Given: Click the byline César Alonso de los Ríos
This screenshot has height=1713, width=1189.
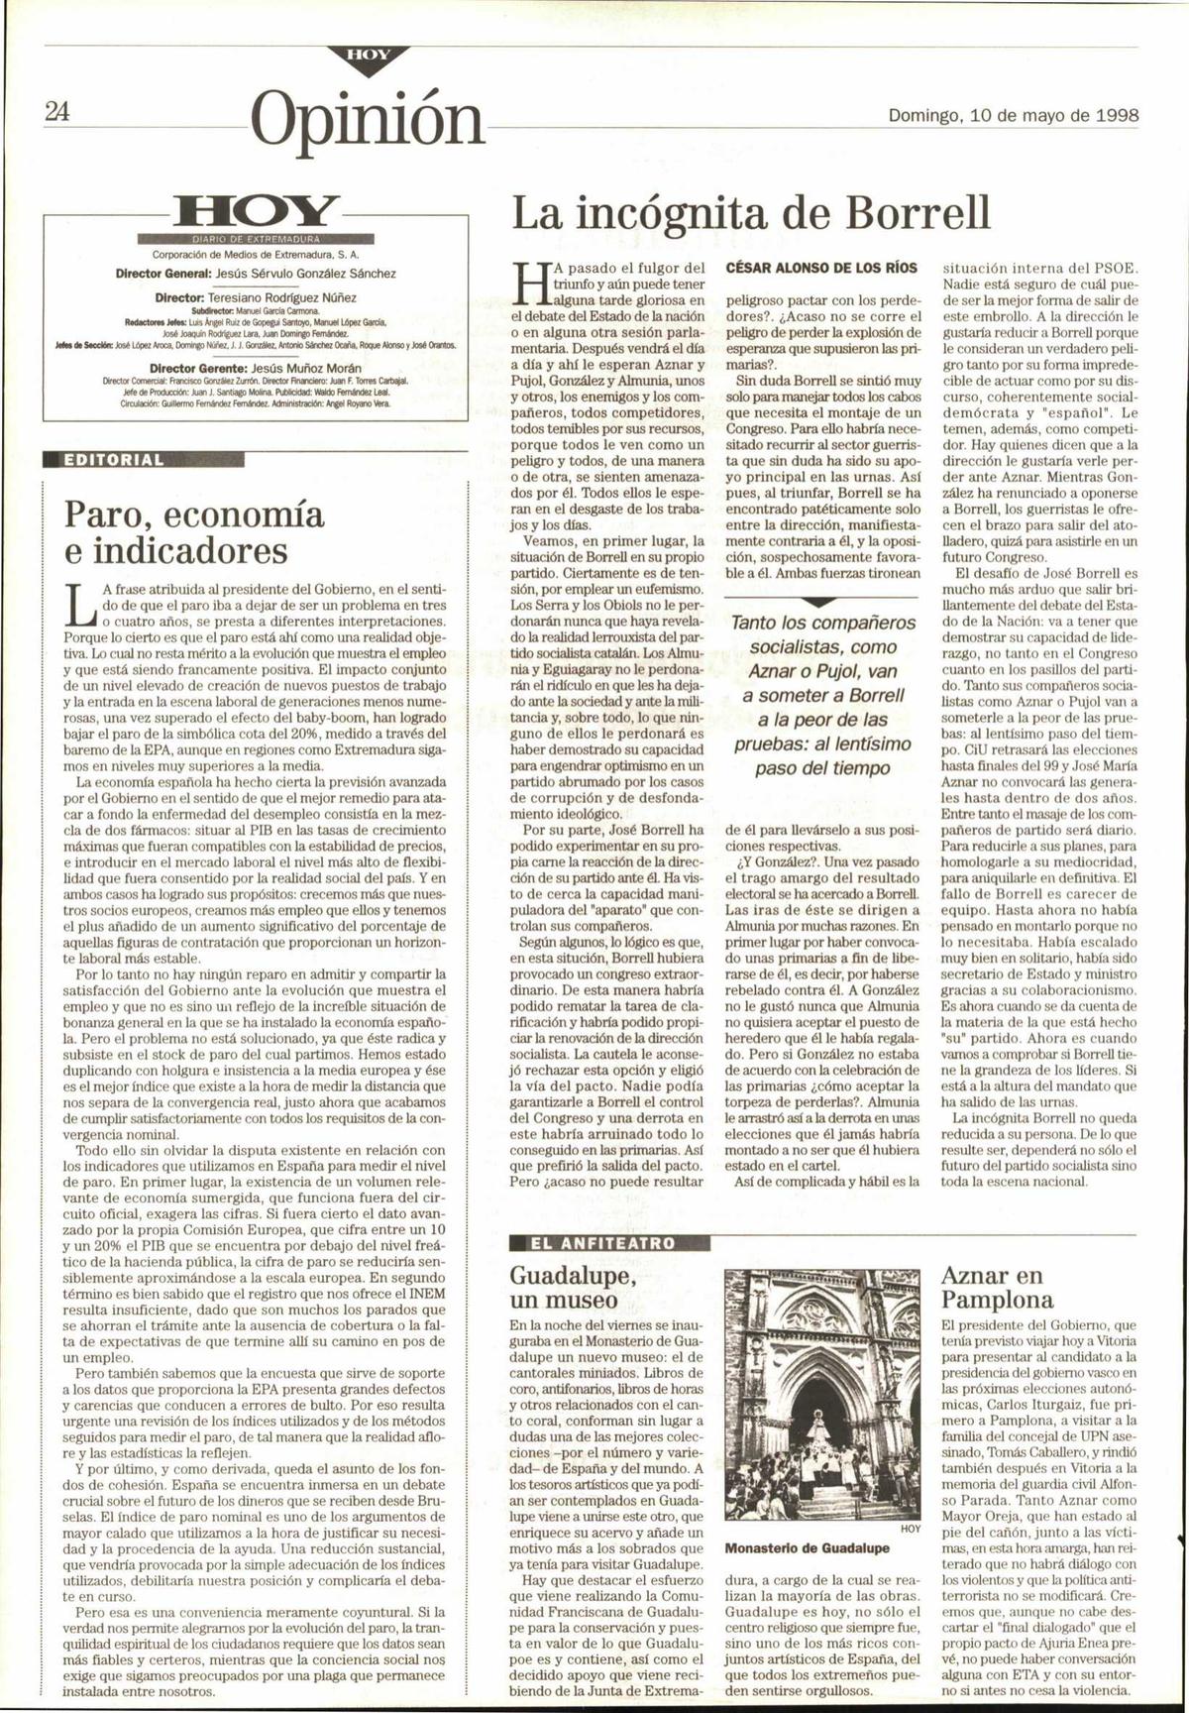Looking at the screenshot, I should click(x=822, y=268).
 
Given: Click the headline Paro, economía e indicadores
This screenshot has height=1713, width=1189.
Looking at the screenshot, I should click(x=193, y=531).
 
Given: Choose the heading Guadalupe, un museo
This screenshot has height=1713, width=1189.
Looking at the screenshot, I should click(x=563, y=1287).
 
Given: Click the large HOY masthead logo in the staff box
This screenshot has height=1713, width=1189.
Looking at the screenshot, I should click(x=255, y=213).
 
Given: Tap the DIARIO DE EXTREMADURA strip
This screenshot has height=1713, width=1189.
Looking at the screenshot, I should click(x=255, y=240).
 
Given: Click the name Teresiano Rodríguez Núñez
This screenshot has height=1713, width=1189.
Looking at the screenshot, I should click(x=280, y=296).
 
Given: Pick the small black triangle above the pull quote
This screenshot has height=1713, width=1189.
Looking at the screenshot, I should click(x=820, y=603).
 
